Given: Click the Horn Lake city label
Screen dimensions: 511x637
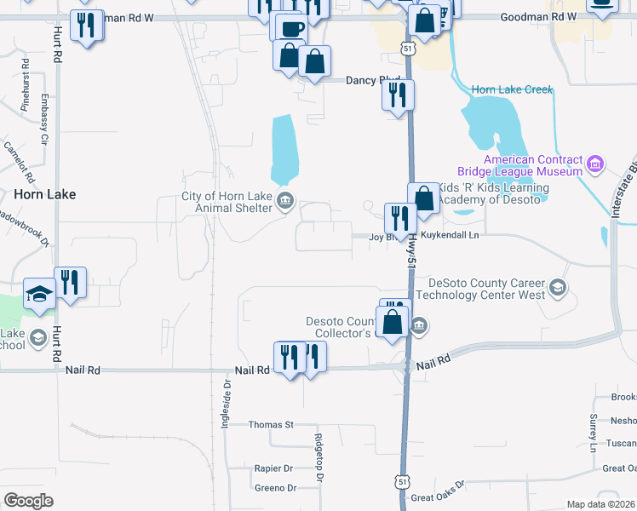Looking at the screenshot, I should coord(45,194).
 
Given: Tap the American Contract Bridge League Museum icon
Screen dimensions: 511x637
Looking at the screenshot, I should coord(595,163).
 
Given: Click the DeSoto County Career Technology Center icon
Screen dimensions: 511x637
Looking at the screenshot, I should coord(558,286).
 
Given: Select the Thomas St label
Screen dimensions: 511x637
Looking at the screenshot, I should coord(270,424).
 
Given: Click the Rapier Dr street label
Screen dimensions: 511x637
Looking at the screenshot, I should coord(273,468).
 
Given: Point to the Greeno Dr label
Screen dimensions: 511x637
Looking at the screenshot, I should coord(274,488).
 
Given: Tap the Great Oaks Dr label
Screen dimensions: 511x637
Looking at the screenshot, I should coord(437,492).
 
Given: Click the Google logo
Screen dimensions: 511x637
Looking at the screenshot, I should coord(28,500).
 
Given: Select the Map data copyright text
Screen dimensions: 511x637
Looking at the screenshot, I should coord(600,504).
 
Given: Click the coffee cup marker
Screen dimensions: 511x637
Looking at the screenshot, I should coord(290,26).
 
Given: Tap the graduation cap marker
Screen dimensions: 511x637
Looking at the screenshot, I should coord(39,293).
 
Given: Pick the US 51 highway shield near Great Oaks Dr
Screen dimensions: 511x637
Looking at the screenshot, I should coord(400,482).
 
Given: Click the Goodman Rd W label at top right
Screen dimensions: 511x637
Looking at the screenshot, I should coord(538,17).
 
